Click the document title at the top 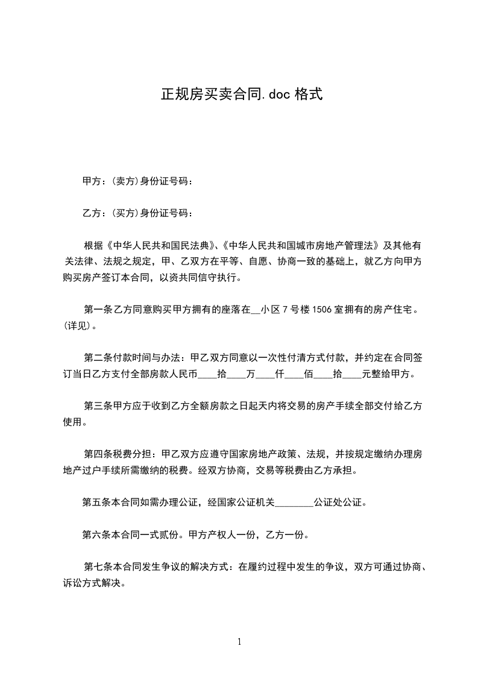242,95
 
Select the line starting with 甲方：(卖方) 138,181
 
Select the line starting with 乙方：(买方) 138,213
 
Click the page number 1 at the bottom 239,642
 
